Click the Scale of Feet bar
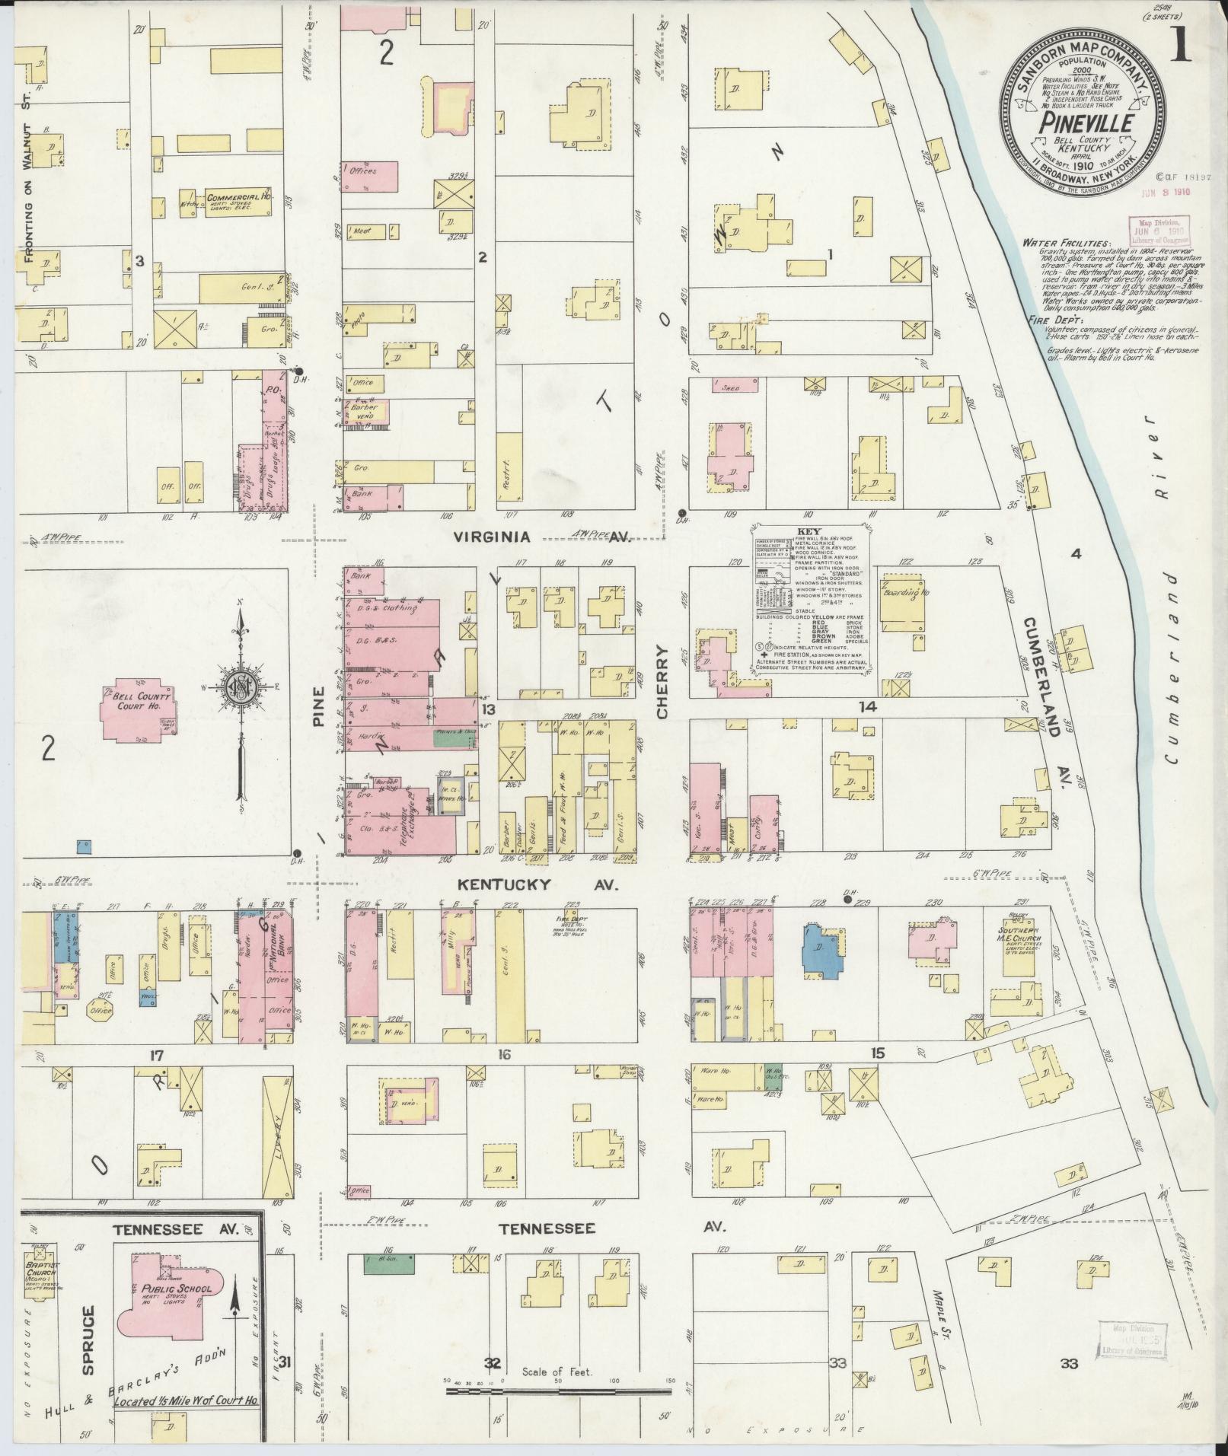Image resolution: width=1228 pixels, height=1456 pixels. point(559,1390)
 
